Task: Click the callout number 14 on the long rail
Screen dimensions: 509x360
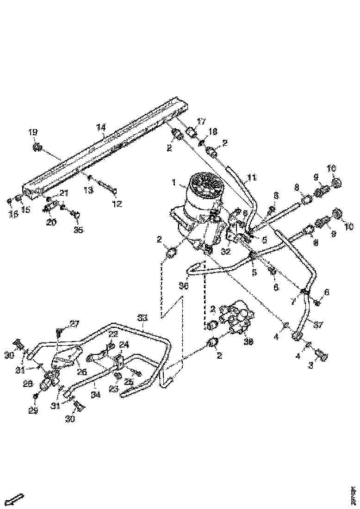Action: coord(101,127)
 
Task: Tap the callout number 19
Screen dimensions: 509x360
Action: coord(33,133)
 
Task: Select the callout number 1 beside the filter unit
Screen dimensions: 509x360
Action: coord(174,183)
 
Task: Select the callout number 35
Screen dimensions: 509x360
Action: coord(79,229)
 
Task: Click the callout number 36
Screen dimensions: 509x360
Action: coord(184,286)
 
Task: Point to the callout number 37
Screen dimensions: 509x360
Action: coord(317,326)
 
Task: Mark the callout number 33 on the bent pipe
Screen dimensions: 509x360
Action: coord(142,318)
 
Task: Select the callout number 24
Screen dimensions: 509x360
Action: coord(124,344)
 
